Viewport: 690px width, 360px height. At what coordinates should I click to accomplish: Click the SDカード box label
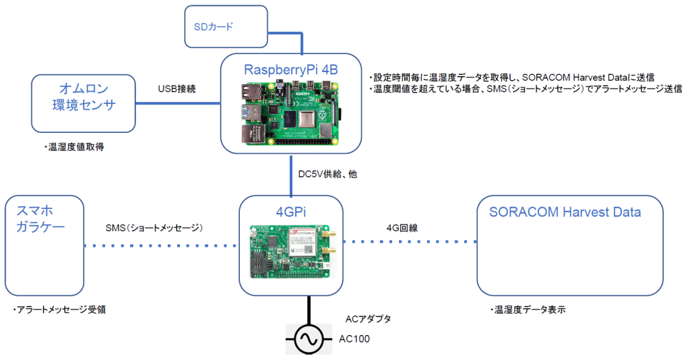214,27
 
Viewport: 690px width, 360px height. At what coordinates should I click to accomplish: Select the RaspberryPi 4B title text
291,69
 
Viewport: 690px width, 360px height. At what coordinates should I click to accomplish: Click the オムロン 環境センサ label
84,97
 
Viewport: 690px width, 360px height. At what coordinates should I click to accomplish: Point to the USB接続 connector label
177,89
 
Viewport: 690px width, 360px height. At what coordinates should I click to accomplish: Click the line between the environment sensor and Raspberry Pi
178,103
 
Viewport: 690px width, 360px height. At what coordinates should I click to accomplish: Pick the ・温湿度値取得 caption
74,147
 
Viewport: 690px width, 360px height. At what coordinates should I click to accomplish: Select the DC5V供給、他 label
327,175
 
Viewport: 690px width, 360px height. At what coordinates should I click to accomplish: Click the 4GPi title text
291,212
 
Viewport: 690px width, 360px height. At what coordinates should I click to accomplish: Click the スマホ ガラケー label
40,218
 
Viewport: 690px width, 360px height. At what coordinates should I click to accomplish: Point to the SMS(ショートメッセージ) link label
154,228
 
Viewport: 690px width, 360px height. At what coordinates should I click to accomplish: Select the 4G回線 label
402,228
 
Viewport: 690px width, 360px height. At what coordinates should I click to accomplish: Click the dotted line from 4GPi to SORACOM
410,241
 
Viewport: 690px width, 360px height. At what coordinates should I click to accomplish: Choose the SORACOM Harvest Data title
565,212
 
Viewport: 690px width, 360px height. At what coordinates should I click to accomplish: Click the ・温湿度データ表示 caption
528,310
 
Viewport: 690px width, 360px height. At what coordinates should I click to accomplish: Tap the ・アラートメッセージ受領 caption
59,310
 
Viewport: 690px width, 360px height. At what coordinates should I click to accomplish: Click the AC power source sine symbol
309,339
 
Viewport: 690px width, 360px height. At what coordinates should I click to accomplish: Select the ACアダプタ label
369,319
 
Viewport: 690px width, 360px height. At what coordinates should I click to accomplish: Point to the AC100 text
354,339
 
